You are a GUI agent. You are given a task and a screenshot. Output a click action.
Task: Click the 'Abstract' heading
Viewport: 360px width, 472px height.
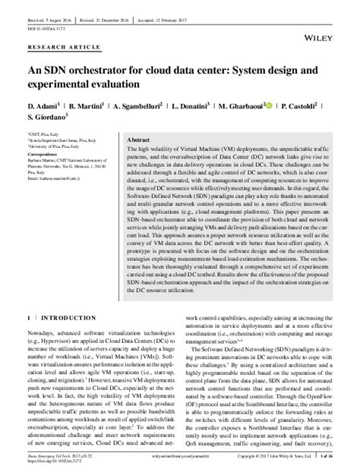point(137,141)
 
